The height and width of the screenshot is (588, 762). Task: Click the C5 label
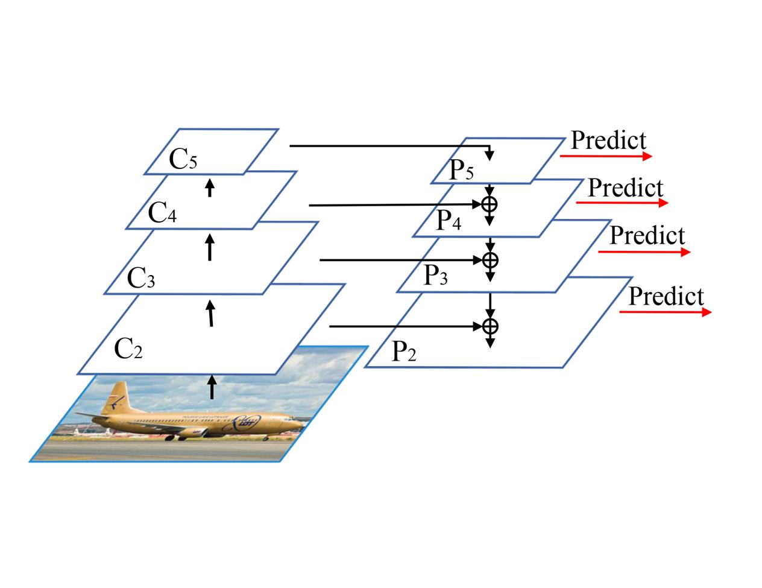tap(183, 160)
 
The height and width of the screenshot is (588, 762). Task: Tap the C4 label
tap(162, 213)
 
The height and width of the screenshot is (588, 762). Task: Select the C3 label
tap(142, 278)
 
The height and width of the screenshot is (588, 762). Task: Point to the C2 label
tap(128, 349)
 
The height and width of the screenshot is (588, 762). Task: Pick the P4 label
tap(449, 221)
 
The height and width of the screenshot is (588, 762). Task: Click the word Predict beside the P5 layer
tap(608, 141)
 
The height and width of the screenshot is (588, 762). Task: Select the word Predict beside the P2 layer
tap(666, 297)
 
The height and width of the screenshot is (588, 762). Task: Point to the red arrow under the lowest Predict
tap(666, 312)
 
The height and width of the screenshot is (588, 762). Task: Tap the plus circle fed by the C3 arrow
tap(491, 260)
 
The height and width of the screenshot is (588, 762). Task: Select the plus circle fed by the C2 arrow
tap(491, 326)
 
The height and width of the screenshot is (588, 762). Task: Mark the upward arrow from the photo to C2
tap(212, 386)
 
